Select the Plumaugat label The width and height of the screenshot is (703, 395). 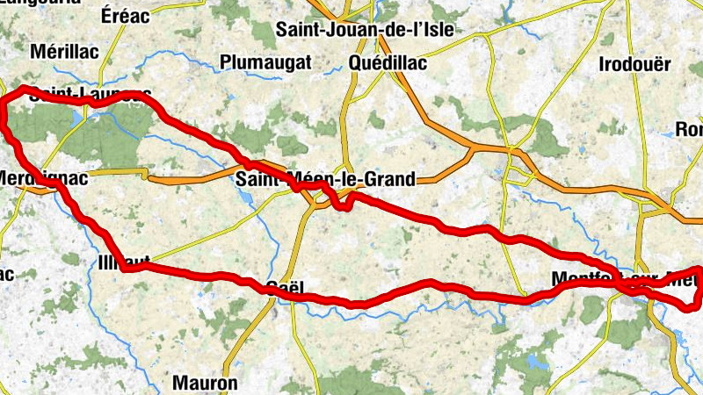[x=266, y=61]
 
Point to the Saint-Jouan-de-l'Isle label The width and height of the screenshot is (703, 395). [x=365, y=29]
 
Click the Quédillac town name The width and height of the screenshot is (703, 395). [x=388, y=63]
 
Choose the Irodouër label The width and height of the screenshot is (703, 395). [x=634, y=64]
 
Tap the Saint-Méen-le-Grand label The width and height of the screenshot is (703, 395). [x=325, y=180]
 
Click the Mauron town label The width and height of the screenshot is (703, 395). [x=205, y=383]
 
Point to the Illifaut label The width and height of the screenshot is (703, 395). [x=126, y=261]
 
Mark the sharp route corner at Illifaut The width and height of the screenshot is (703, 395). [x=125, y=269]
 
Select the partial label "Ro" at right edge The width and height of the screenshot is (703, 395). [x=687, y=130]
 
